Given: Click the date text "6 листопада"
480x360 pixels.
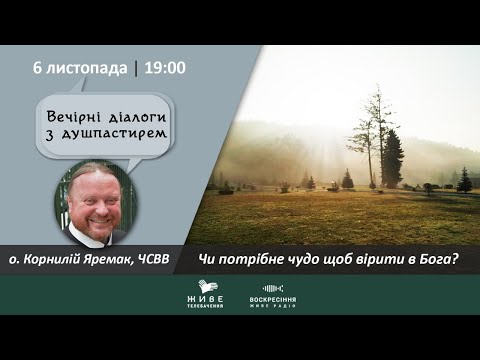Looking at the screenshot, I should click(x=81, y=68).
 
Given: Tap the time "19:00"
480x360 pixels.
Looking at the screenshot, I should click(x=165, y=68).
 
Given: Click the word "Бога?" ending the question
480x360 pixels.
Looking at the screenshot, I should click(x=436, y=259).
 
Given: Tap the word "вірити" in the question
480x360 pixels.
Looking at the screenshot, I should click(x=372, y=259).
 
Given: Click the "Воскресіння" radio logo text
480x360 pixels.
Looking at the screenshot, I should click(x=273, y=300).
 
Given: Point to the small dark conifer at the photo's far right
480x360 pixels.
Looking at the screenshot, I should click(x=464, y=180).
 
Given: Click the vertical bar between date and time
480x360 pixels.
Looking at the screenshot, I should click(x=135, y=68).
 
